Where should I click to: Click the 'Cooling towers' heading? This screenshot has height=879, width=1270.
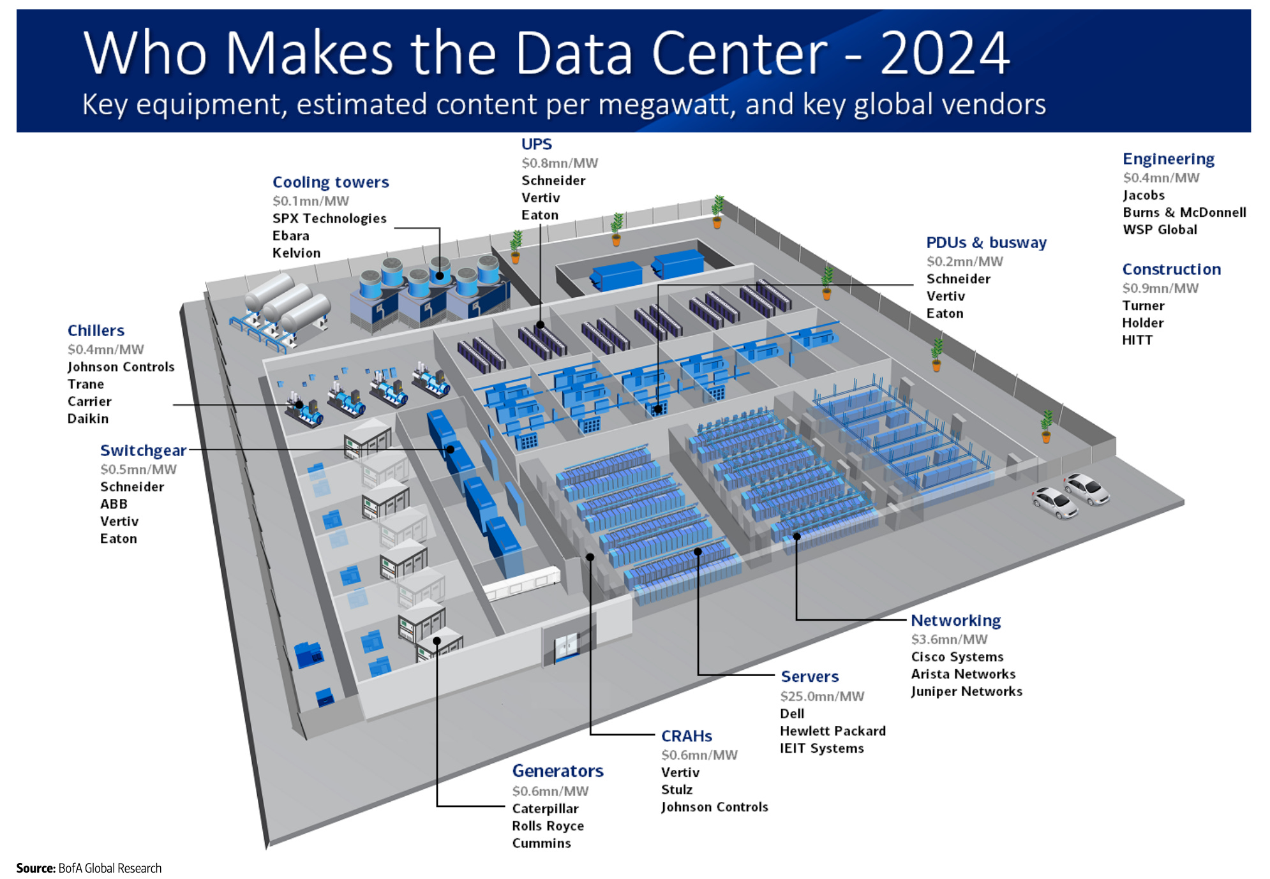tap(330, 182)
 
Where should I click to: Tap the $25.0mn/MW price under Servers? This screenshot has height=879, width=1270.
tap(821, 696)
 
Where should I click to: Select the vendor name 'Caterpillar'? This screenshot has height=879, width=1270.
tap(545, 808)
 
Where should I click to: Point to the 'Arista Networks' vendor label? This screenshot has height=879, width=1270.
tap(962, 674)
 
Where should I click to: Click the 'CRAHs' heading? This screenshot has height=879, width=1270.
tap(686, 736)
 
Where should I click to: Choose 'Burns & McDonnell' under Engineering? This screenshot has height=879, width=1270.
tap(1184, 212)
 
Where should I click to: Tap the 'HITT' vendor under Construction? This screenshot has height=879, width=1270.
tap(1137, 340)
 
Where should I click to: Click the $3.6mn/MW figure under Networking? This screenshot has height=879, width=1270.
tap(948, 639)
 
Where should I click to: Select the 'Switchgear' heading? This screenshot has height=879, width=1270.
tap(143, 450)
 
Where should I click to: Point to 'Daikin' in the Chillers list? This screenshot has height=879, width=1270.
tap(88, 418)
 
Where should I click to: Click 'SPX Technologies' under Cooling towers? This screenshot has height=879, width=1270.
tap(329, 218)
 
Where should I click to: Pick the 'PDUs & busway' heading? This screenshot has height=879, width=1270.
tap(986, 242)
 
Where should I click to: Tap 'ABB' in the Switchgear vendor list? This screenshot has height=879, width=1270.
tap(114, 504)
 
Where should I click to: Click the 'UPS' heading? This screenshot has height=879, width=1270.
tap(536, 144)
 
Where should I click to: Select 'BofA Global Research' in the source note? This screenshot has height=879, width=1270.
tap(110, 868)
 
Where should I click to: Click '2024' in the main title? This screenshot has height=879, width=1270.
tap(945, 54)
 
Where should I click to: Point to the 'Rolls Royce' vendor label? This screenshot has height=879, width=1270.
tap(548, 825)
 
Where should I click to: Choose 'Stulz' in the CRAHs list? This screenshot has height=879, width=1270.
tap(676, 790)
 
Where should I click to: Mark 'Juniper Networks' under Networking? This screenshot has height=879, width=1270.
tap(966, 691)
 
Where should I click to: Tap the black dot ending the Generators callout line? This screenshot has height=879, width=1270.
tap(437, 641)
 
